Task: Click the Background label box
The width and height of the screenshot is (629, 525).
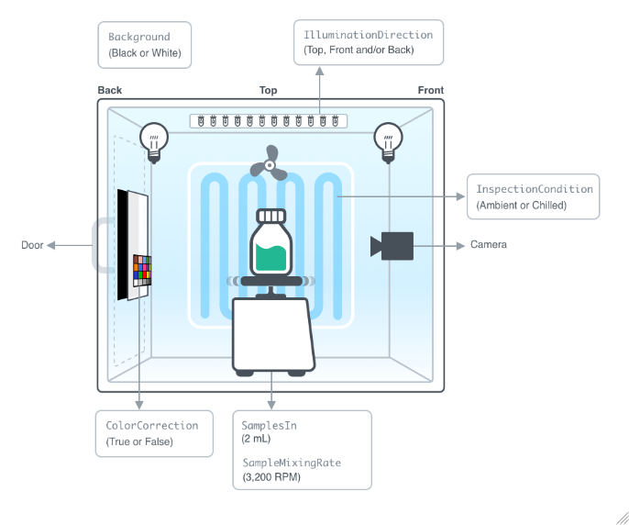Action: point(145,44)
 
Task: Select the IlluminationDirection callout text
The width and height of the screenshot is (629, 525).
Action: point(368,35)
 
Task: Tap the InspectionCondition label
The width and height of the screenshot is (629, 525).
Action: point(534,189)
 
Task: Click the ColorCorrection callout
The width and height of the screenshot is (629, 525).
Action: point(151,426)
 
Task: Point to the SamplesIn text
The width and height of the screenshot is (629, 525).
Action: point(269,426)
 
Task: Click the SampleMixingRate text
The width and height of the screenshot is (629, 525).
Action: point(291,463)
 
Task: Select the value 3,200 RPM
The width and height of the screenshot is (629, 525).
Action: point(272,477)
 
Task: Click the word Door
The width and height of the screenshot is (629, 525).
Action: point(32,245)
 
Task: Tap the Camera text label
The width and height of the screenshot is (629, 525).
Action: point(489,245)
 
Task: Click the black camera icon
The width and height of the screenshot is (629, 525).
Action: point(393,246)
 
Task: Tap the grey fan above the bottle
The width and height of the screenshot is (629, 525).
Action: point(270,162)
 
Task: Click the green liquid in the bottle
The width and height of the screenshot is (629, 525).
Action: point(270,259)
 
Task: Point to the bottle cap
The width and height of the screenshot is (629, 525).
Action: point(270,216)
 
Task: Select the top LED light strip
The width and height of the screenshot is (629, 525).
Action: point(269,120)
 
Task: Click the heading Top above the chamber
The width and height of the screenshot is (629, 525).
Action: point(268,91)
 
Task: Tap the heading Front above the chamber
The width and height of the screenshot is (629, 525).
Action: point(430,91)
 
